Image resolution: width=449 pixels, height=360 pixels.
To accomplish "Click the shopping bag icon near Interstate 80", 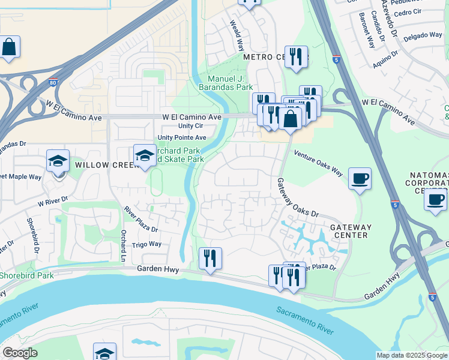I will tap(10, 47).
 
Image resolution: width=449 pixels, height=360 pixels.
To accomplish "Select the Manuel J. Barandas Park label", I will tap(230, 83).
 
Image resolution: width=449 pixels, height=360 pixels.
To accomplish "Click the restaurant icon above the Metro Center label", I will tap(295, 58).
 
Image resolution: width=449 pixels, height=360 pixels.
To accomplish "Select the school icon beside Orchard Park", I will tap(144, 156).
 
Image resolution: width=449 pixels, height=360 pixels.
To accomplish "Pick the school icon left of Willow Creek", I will tap(58, 161).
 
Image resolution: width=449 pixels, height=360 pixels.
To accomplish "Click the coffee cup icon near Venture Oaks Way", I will tap(360, 179).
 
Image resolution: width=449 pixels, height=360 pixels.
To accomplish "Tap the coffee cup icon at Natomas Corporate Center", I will tap(435, 200).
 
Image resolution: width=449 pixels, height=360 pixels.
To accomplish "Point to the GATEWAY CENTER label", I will tap(351, 231).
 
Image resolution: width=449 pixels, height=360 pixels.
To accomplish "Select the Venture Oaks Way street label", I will tap(318, 163).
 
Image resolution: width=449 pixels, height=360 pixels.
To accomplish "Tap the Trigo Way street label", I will tap(146, 244).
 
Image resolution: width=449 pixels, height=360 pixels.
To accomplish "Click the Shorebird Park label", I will tap(26, 276).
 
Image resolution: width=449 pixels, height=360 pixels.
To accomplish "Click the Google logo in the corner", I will tap(20, 353).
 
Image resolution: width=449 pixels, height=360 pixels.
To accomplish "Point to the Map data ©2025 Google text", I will tap(411, 355).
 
